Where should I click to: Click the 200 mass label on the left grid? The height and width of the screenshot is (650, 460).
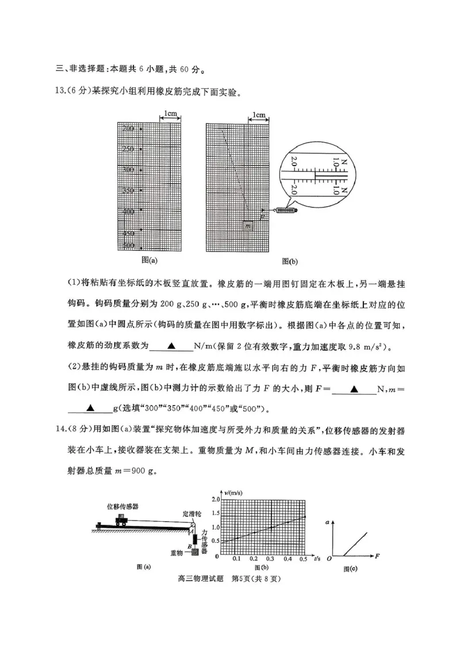(128, 129)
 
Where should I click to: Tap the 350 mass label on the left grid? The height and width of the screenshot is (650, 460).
(128, 190)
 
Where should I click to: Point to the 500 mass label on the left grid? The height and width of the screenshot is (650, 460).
(128, 246)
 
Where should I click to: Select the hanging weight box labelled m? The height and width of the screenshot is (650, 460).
(248, 226)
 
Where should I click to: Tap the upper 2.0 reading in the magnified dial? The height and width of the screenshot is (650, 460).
(294, 163)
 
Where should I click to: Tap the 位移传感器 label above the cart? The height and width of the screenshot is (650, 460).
(122, 506)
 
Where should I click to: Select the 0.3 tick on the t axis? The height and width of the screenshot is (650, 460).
(270, 559)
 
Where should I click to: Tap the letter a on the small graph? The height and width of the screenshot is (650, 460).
(328, 522)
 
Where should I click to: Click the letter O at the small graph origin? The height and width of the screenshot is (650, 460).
(329, 558)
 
